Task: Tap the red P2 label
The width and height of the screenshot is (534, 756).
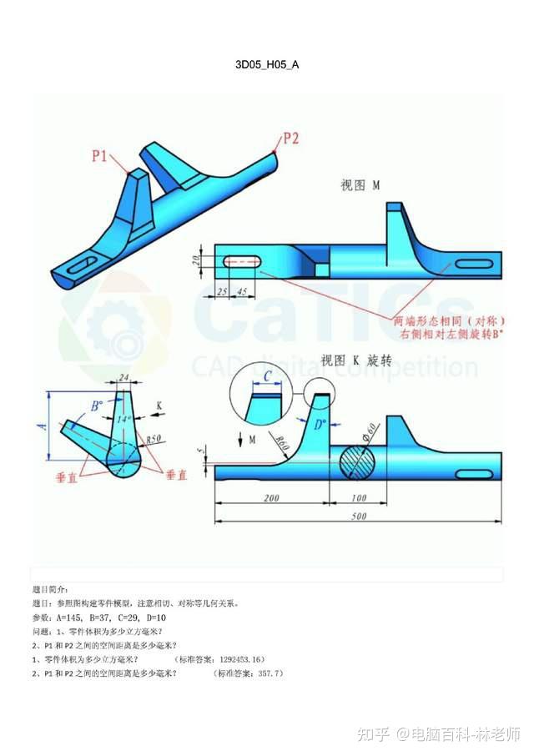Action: (290, 139)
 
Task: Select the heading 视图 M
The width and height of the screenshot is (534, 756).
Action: (360, 185)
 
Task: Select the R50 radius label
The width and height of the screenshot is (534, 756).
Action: (153, 438)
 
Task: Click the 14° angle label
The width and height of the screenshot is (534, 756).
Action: (124, 420)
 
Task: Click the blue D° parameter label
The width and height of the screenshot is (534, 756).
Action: (319, 424)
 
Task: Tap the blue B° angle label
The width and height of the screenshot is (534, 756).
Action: (97, 406)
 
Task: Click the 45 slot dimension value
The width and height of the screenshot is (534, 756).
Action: (242, 291)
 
